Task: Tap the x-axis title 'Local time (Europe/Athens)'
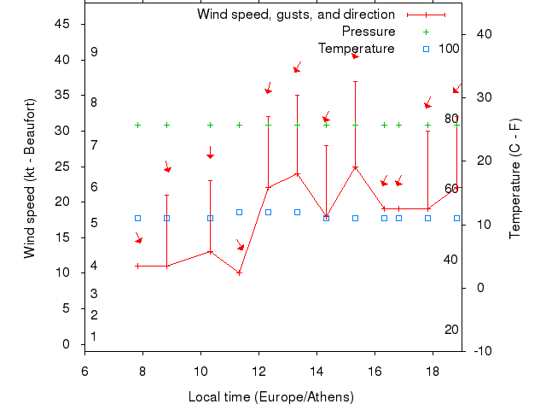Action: pos(271,397)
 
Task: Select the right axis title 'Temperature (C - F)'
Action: pos(515,179)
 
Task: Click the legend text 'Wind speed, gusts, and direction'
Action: pos(296,15)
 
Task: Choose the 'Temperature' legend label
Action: pos(357,49)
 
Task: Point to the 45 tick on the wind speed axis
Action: pos(62,24)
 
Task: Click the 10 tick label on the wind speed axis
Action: pos(62,272)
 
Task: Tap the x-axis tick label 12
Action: pos(258,372)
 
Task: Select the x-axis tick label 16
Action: pos(375,372)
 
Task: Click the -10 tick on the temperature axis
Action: pos(483,350)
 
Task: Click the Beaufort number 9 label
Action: pos(94,52)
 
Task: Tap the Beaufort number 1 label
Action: pos(94,337)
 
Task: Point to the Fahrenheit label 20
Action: pos(452,330)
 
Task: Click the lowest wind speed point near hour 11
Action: pos(239,272)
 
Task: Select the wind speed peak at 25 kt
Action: pos(355,167)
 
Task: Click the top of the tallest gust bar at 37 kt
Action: pos(355,81)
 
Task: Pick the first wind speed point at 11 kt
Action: pos(137,266)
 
